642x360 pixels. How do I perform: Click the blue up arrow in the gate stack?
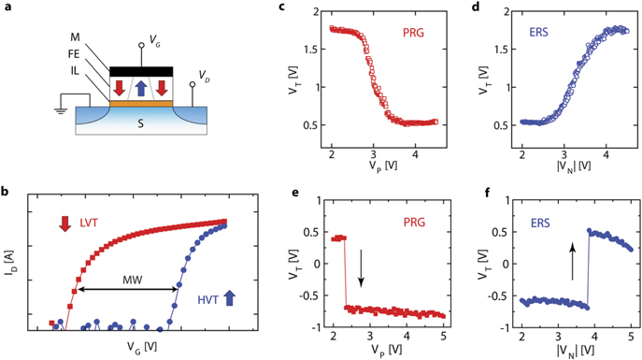[139, 89]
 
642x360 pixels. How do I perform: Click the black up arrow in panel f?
[572, 270]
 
